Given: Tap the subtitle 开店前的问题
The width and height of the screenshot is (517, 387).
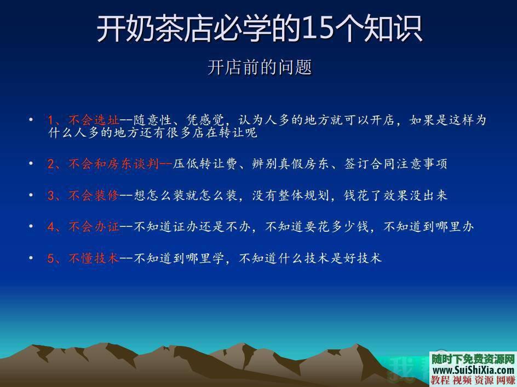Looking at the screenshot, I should pos(260,67).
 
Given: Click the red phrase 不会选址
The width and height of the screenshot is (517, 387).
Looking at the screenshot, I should pos(93,120).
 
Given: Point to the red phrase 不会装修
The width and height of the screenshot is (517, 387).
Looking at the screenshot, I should pos(93,195).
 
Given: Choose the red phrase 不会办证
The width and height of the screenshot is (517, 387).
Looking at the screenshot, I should pos(93,227).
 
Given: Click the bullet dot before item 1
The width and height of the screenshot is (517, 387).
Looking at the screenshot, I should pos(31,119).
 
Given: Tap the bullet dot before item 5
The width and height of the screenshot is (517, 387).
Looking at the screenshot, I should pos(31,257).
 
